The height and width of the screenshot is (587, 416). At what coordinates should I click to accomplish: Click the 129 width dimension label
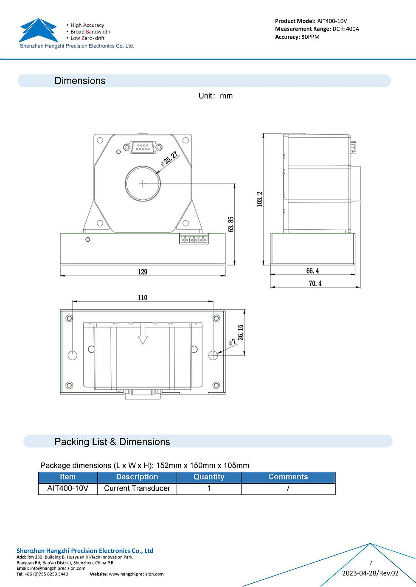[143, 272]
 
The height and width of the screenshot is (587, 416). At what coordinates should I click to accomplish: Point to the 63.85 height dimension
[231, 224]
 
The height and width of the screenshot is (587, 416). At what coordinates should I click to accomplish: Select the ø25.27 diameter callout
[169, 158]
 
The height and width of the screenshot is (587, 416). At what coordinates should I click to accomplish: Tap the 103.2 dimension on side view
[260, 199]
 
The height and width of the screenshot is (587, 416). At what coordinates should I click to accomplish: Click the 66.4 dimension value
[312, 271]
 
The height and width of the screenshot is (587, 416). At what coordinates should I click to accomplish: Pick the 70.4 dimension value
[315, 283]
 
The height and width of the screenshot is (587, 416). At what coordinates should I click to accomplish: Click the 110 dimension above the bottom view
[143, 298]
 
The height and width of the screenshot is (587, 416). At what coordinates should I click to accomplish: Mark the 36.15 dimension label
[241, 332]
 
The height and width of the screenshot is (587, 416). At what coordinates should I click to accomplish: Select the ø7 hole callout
[232, 341]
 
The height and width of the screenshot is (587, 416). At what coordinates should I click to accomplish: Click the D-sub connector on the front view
[143, 147]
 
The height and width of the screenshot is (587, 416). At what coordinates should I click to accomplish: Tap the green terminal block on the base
[194, 239]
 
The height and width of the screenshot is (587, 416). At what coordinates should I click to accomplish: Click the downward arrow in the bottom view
[143, 334]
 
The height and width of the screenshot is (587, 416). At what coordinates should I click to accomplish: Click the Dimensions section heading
[80, 81]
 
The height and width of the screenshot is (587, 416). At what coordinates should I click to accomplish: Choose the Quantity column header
[209, 477]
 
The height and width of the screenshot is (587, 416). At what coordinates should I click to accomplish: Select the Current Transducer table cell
[137, 488]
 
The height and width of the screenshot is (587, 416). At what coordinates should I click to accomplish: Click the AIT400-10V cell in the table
[68, 488]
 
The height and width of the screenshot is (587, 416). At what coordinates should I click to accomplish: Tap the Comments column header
[288, 477]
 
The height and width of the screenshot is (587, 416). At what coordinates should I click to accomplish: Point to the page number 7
[371, 563]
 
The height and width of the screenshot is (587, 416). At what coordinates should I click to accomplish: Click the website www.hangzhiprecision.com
[136, 574]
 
